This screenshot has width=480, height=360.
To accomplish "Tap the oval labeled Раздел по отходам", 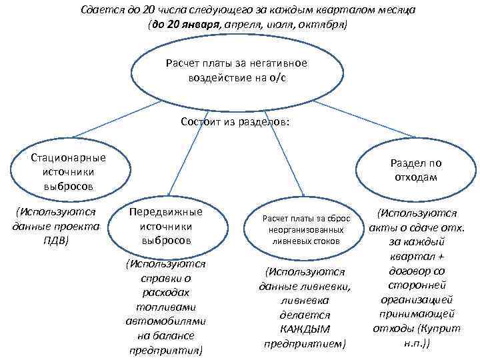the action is click(416, 170).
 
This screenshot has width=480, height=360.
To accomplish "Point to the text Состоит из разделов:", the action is click(235, 123).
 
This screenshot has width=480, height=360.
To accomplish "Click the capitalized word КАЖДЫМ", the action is click(305, 329).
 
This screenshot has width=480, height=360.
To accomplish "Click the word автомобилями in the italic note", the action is click(166, 321).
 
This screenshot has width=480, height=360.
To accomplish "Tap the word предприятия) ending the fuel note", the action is click(166, 349).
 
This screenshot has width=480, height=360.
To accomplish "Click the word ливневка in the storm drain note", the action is click(305, 300).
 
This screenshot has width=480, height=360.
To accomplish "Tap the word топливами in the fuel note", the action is click(166, 306).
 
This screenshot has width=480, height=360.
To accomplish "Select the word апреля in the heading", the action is click(243, 25).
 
